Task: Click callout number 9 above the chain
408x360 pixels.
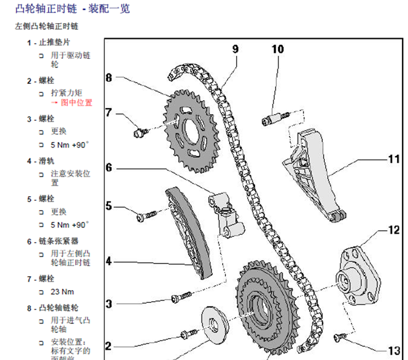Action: click(x=235, y=49)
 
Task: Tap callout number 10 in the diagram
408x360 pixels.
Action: click(x=277, y=49)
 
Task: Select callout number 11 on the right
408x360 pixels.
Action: click(x=395, y=160)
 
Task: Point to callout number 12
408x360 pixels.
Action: click(x=395, y=230)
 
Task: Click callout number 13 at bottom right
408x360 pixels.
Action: click(x=395, y=350)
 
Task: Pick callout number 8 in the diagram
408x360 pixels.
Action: click(x=109, y=78)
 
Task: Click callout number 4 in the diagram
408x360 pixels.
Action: click(x=109, y=262)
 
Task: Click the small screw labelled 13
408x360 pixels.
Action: click(x=341, y=335)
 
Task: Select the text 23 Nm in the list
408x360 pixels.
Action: click(x=63, y=291)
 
